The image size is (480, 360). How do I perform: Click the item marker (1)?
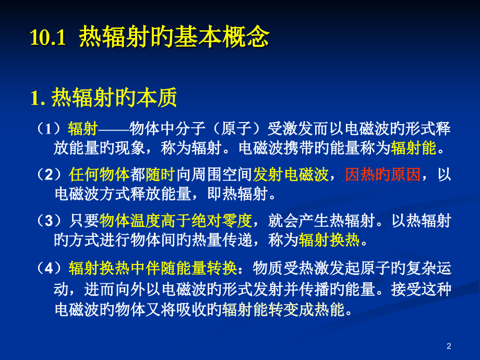(51, 129)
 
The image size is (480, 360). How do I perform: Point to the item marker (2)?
(51, 175)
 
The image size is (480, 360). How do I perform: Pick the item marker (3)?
(51, 221)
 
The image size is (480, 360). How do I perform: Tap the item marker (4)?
(51, 268)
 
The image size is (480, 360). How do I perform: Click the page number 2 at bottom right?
(449, 346)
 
